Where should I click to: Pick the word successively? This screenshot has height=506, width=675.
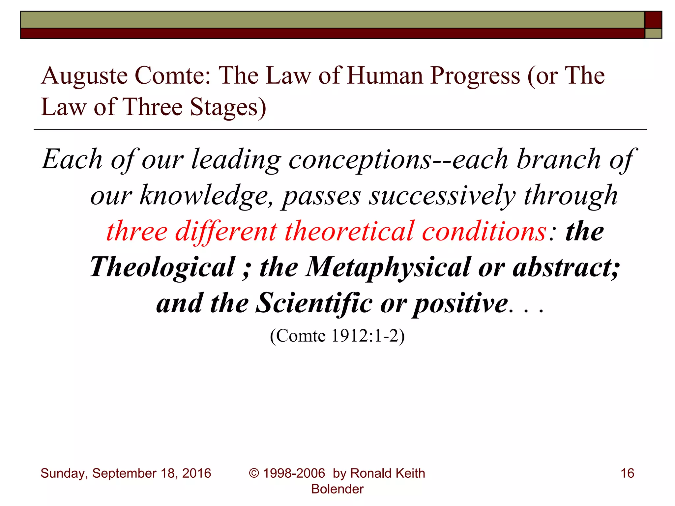pos(442,196)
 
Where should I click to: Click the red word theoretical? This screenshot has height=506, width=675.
pos(349,231)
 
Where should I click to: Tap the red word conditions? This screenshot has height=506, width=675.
pos(484,231)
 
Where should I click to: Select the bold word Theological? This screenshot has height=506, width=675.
pos(163,267)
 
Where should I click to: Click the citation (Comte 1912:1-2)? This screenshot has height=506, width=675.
pos(337,336)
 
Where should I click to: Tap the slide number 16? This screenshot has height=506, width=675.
pos(627,473)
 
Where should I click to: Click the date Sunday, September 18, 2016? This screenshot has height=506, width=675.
pos(126,473)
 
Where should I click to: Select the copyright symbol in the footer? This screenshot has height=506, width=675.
pos(254,473)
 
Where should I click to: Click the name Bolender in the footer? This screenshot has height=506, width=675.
pos(337,489)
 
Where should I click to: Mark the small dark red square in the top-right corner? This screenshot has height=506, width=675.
pos(653,20)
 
